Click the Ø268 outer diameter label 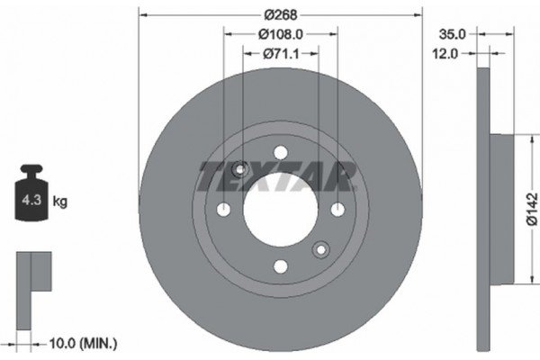(280, 13)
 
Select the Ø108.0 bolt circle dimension (280, 34)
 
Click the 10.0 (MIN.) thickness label (80, 343)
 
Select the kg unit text (61, 202)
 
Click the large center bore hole (280, 209)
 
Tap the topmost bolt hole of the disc (280, 152)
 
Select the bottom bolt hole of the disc (280, 265)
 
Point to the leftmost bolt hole (223, 209)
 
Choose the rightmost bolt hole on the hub (337, 209)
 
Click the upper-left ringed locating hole (240, 169)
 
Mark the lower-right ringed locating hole (320, 249)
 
